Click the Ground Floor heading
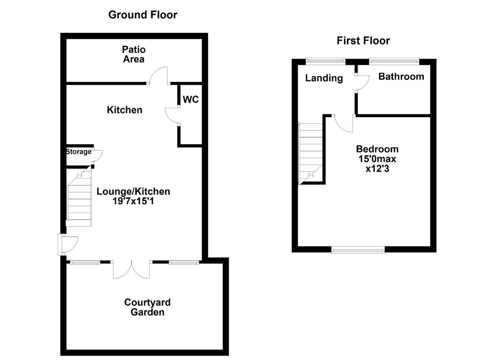143,15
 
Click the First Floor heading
363,41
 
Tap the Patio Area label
134,54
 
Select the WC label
191,99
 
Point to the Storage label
79,152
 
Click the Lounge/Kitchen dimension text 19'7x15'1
133,201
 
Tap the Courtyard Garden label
147,307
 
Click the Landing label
324,78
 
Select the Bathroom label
401,77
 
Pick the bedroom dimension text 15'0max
377,159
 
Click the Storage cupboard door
97,156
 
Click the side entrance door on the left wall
69,244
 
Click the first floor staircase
311,152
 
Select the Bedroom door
343,124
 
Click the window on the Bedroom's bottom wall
358,249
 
